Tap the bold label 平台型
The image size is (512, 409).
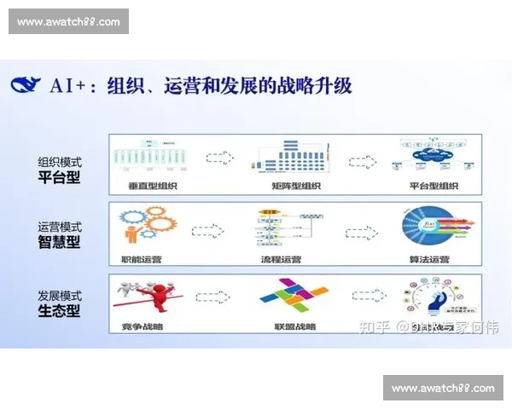click(59, 176)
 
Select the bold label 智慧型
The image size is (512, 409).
click(59, 242)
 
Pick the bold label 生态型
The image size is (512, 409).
click(59, 310)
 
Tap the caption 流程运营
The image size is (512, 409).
click(282, 257)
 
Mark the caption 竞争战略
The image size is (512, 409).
click(139, 326)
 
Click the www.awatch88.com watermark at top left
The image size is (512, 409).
click(68, 21)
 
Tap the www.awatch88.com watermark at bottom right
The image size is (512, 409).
click(442, 388)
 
